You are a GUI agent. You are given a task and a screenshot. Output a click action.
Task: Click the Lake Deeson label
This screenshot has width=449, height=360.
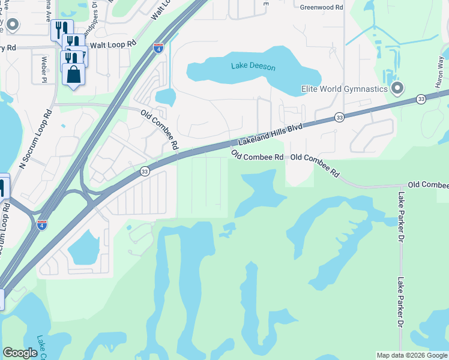[x=253, y=67]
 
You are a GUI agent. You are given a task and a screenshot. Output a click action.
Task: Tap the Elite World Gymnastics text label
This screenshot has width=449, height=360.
[x=344, y=89]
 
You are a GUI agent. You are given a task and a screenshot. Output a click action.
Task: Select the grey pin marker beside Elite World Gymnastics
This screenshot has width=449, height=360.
[x=397, y=89]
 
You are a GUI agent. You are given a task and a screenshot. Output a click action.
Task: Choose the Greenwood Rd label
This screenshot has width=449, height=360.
[x=322, y=7]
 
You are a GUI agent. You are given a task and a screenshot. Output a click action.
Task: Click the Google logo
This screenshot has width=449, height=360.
[x=20, y=353]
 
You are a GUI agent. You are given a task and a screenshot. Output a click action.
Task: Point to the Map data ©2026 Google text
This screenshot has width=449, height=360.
[x=412, y=355]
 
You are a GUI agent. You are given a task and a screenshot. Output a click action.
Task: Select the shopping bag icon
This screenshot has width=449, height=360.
[x=74, y=75]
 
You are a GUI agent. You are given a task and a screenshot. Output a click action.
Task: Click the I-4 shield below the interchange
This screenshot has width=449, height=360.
[x=41, y=224]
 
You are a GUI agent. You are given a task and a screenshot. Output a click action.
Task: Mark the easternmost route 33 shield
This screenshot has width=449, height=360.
[x=421, y=99]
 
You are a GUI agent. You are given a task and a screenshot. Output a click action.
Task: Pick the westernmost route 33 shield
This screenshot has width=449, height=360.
[x=145, y=172]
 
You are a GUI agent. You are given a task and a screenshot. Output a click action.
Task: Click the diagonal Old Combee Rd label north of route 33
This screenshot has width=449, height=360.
[x=160, y=130]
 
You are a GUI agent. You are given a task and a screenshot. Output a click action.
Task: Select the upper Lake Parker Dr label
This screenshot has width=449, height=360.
[x=401, y=217]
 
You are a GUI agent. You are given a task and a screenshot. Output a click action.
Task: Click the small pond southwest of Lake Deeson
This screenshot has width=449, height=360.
[x=165, y=97]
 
